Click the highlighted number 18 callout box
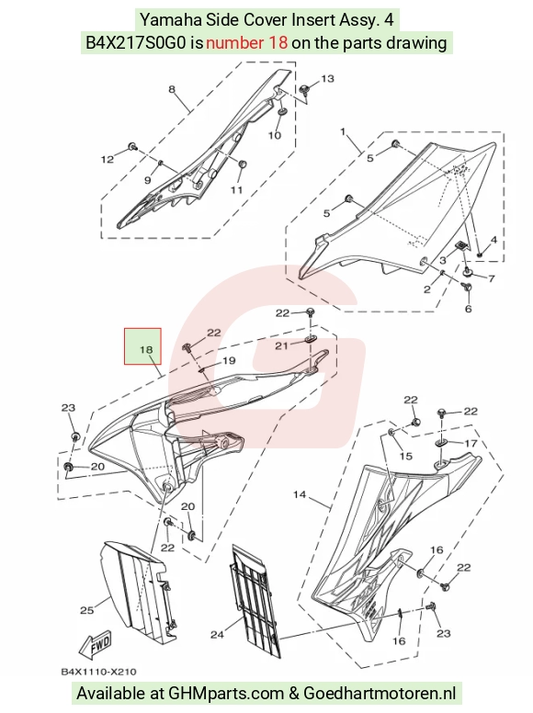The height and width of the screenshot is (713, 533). (142, 346)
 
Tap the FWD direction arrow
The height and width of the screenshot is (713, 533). (95, 645)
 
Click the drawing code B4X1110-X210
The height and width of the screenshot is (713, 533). (98, 672)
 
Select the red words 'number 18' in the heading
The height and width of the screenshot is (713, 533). (246, 43)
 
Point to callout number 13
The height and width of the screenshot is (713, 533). (327, 79)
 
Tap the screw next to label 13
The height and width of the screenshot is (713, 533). (305, 88)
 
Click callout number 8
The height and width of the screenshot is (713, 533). (172, 89)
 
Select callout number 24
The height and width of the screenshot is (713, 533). (217, 634)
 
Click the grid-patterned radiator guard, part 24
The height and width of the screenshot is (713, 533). (255, 600)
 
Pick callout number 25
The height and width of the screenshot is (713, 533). (86, 610)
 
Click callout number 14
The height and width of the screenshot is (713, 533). (300, 494)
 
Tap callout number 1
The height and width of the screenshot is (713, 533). (343, 132)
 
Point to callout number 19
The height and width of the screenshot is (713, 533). (228, 360)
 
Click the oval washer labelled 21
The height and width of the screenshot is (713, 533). (311, 339)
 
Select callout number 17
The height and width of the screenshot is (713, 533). (471, 443)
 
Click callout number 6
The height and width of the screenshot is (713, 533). (469, 309)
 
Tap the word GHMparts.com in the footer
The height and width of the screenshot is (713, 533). (226, 694)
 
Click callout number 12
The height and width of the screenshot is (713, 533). (108, 159)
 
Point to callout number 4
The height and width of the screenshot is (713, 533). (493, 240)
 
